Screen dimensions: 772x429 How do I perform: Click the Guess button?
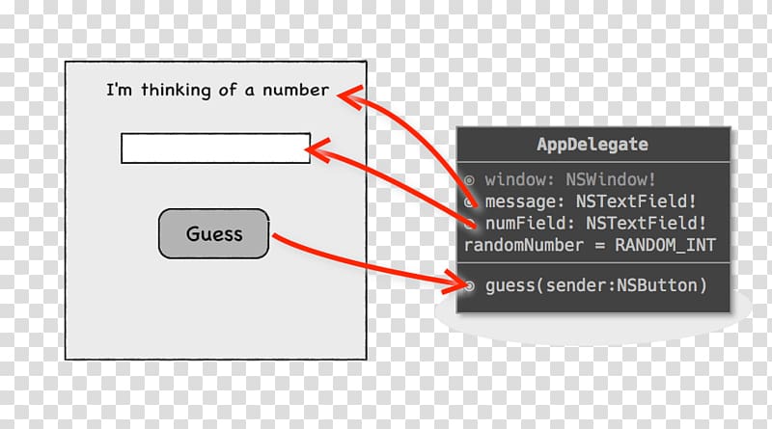click(213, 233)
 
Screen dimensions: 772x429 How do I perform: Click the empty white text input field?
click(215, 148)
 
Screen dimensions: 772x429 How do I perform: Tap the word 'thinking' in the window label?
click(176, 90)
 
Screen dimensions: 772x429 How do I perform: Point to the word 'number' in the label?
click(295, 90)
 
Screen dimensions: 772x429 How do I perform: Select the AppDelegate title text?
click(593, 145)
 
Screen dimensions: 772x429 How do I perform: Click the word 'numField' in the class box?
click(526, 223)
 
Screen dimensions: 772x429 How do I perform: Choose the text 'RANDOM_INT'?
click(665, 245)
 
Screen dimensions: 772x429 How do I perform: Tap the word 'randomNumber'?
click(523, 245)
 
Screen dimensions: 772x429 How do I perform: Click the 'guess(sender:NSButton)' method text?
click(596, 285)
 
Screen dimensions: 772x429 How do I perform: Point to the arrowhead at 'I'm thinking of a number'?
click(350, 95)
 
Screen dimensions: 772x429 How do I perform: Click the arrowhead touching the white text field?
click(317, 149)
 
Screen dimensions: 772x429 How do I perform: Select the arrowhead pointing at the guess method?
click(455, 282)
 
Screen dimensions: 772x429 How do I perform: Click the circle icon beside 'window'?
click(469, 180)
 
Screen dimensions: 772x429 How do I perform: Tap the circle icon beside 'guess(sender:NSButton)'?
click(470, 285)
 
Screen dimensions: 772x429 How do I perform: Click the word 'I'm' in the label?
click(119, 90)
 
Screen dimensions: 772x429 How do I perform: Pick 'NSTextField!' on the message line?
click(636, 201)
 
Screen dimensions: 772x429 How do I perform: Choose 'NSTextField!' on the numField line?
click(646, 223)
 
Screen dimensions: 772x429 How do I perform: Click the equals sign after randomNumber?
click(599, 245)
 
